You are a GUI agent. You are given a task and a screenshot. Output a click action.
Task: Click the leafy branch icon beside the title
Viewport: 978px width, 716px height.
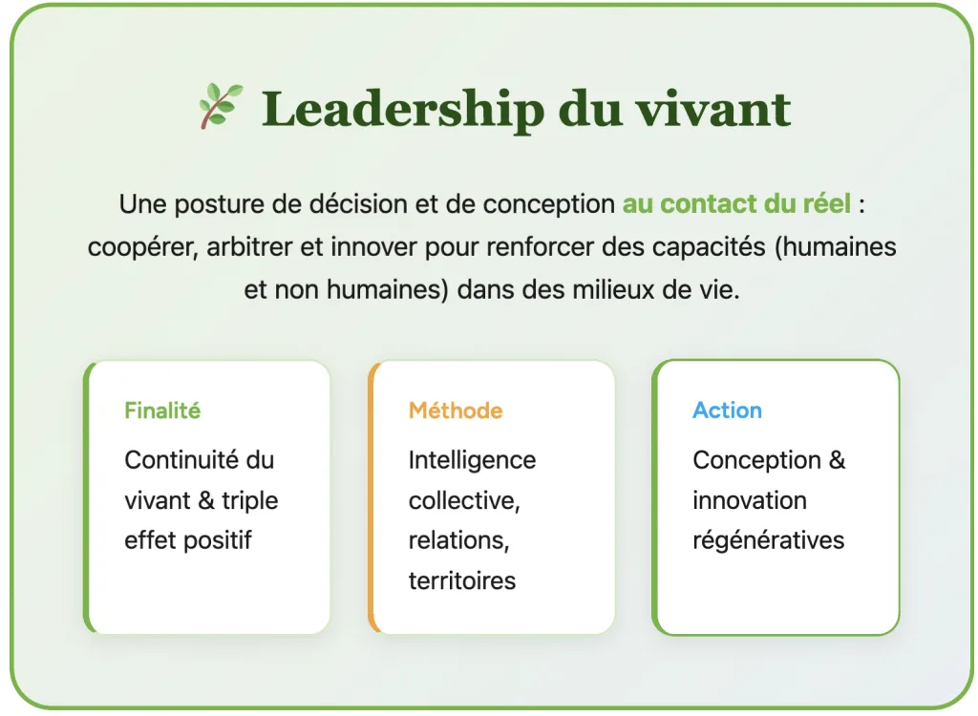221,106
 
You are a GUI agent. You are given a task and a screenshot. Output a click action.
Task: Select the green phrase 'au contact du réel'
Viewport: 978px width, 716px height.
736,204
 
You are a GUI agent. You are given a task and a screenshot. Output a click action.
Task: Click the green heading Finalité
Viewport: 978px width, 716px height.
162,411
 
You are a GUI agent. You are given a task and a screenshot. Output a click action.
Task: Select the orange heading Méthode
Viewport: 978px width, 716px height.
456,411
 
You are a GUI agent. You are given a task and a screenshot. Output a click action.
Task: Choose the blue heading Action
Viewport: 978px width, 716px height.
727,411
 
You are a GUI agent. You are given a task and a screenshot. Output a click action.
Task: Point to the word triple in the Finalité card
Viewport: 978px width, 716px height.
250,501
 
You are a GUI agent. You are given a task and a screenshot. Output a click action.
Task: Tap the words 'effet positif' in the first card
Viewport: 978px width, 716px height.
188,540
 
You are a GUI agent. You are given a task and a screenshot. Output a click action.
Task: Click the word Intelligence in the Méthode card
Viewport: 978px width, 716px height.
472,460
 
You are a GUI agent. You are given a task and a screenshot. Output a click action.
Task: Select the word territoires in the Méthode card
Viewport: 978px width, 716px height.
462,580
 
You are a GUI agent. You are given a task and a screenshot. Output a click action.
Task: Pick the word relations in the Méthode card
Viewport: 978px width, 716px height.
459,540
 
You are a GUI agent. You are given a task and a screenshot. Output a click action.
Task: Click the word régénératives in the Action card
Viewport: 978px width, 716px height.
769,540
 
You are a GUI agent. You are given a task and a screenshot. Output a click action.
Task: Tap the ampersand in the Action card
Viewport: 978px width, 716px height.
837,460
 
